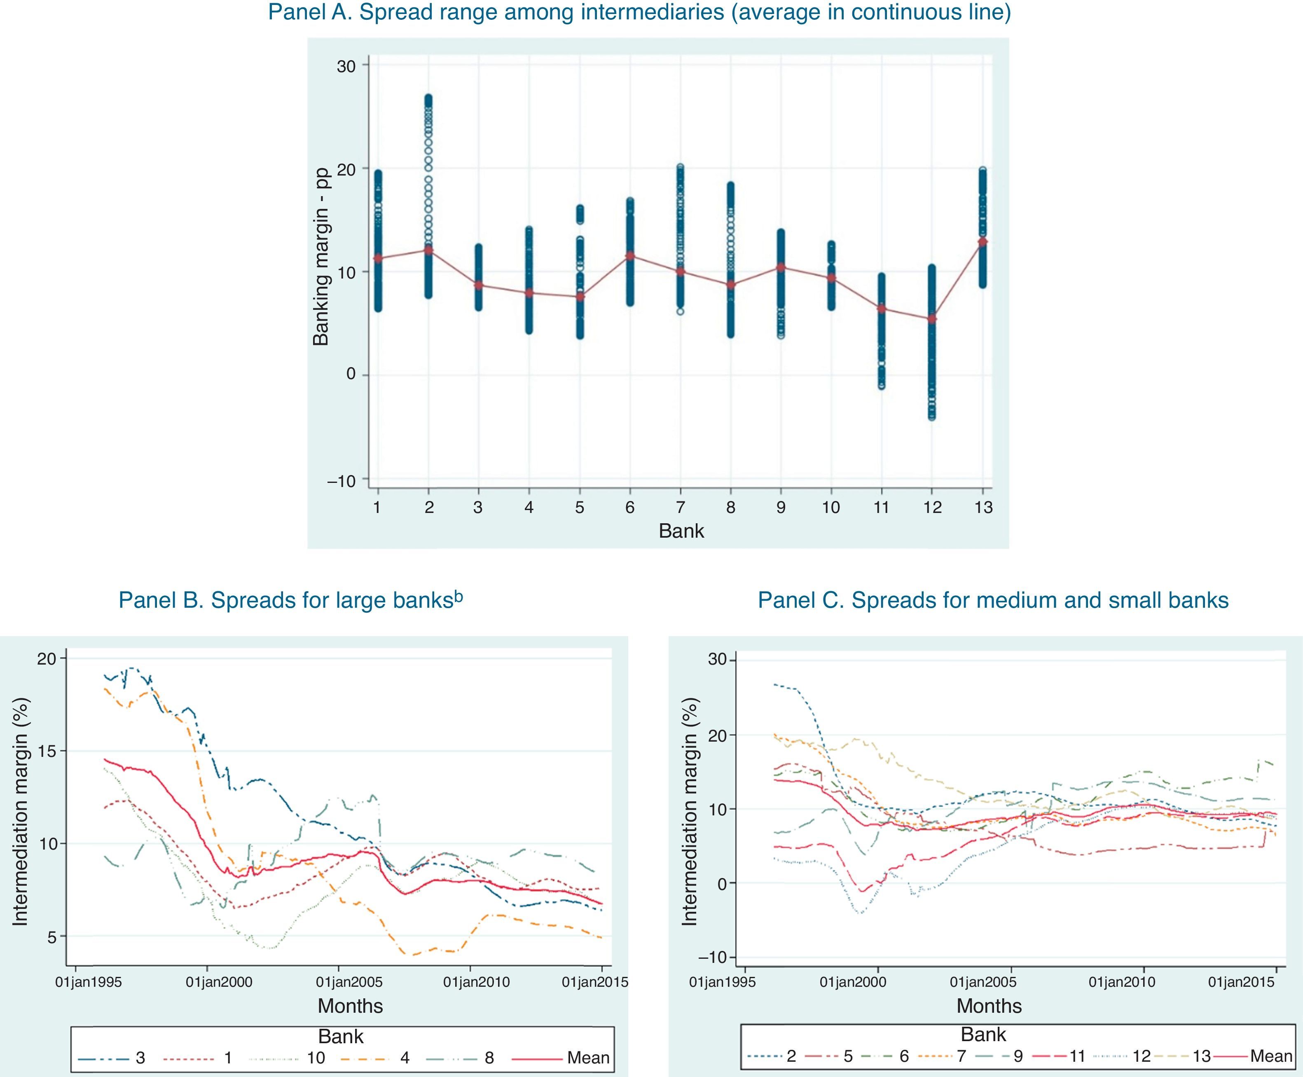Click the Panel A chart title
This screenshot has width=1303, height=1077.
click(x=639, y=12)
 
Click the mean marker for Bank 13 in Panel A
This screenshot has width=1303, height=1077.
click(x=983, y=241)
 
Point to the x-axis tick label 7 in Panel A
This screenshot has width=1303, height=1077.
click(x=681, y=508)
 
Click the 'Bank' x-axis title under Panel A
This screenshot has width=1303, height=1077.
click(x=681, y=531)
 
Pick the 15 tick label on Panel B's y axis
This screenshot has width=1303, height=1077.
click(x=47, y=751)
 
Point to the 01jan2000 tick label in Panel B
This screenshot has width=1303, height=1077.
click(x=209, y=982)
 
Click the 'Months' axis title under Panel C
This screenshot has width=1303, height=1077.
click(x=989, y=1006)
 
